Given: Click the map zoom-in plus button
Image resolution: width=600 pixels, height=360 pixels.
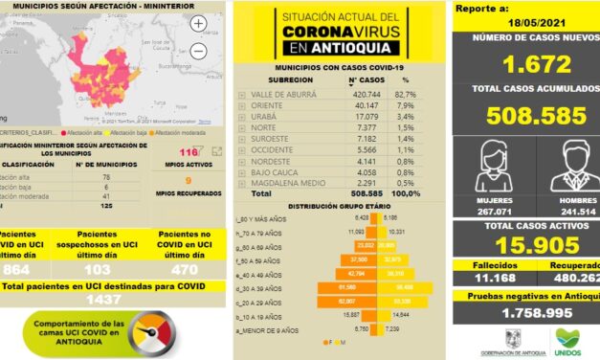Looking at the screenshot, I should (198, 23).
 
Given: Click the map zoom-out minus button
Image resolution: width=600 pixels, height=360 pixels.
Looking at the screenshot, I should (198, 50).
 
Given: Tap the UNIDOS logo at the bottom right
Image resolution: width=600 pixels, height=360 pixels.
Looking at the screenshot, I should (568, 340).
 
